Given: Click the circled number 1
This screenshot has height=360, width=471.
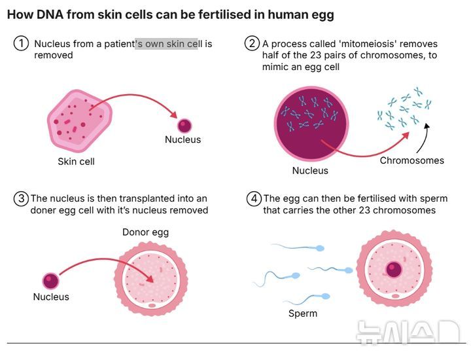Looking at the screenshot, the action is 21,44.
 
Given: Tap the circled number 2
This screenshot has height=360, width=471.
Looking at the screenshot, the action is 253,43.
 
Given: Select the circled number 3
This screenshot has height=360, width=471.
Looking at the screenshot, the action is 21,198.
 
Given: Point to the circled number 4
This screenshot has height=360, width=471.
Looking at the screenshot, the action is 254,198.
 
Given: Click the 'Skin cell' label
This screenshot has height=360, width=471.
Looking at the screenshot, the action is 76,162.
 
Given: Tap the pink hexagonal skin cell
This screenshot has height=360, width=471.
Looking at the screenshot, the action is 80,120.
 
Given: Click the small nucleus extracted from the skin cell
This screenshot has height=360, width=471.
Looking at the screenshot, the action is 184,126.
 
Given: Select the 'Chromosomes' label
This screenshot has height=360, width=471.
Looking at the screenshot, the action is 412,160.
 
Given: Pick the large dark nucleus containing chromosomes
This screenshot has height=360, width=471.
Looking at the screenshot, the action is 311,123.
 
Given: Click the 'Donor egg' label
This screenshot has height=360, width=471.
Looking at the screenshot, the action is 145,232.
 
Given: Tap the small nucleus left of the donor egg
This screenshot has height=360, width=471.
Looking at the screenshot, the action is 50,281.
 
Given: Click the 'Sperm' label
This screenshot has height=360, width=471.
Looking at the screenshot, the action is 303,314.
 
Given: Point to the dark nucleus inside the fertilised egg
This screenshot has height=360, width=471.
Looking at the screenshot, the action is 394,269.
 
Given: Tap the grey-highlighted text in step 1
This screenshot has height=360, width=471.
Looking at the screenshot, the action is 166,44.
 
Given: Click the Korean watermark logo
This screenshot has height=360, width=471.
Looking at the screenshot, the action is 408,331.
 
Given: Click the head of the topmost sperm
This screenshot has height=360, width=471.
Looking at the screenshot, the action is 320,248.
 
